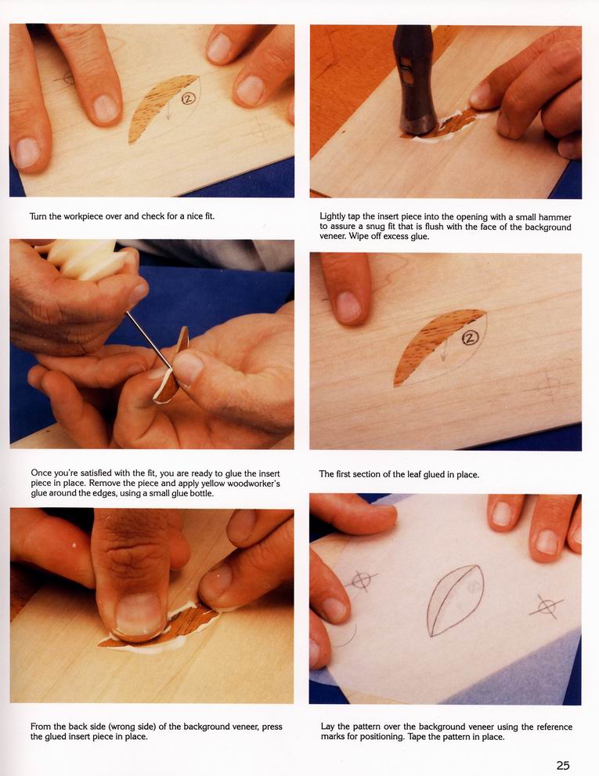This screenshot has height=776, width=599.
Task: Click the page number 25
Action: click(x=563, y=765)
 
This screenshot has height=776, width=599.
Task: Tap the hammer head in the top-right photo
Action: click(x=414, y=79)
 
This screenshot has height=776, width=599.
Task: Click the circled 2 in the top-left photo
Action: click(x=187, y=99)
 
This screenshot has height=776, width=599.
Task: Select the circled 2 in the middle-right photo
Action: click(x=470, y=338)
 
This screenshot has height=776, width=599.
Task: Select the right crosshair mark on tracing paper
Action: click(x=546, y=606)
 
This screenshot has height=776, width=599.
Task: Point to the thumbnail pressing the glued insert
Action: click(x=138, y=614)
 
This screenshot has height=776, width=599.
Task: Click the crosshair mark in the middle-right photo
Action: click(x=549, y=386)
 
